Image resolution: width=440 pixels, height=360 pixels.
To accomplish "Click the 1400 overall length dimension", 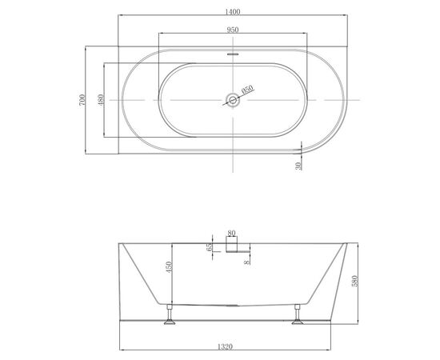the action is tap(233, 12).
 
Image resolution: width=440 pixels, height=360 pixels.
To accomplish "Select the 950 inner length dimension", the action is tap(233, 30).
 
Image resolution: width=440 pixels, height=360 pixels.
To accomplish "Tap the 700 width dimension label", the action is tap(82, 100).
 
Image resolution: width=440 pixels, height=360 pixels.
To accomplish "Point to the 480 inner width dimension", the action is tap(101, 100).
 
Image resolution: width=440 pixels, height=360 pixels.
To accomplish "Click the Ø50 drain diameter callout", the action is tap(247, 90).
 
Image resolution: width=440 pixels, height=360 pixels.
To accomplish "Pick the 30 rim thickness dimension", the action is tap(298, 166).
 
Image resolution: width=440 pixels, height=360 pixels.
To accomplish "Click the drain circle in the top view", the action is tap(233, 100).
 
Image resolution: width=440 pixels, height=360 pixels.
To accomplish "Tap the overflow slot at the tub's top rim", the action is tap(233, 54).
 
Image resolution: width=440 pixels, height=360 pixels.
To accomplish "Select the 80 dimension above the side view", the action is tap(231, 233).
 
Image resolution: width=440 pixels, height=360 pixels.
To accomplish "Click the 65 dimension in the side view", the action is tap(209, 247).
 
